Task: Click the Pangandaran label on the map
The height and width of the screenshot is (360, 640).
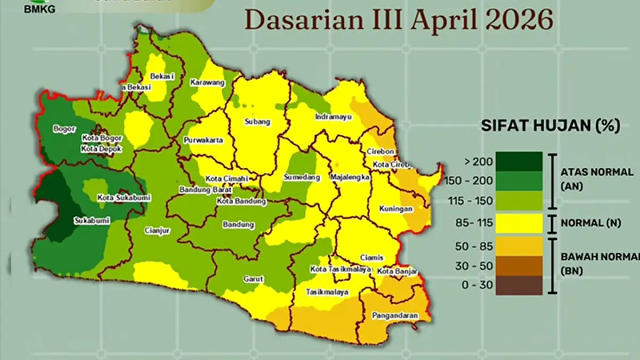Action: (395, 316)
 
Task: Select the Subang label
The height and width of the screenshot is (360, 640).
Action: (257, 122)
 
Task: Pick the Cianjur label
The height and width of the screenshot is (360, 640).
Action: (157, 231)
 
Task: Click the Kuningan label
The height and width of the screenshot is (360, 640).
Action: (396, 209)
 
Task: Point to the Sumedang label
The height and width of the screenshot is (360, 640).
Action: (302, 177)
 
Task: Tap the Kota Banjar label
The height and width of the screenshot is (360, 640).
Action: (397, 271)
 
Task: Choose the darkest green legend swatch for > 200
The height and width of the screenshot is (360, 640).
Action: (518, 162)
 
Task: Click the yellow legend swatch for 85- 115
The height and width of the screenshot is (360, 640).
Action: (518, 223)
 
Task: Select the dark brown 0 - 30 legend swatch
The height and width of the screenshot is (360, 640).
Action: (518, 285)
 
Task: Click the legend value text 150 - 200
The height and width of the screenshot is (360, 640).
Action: (470, 181)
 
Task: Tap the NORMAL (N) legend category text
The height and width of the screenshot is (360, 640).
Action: (591, 223)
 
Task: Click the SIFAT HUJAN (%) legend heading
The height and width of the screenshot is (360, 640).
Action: (550, 126)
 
